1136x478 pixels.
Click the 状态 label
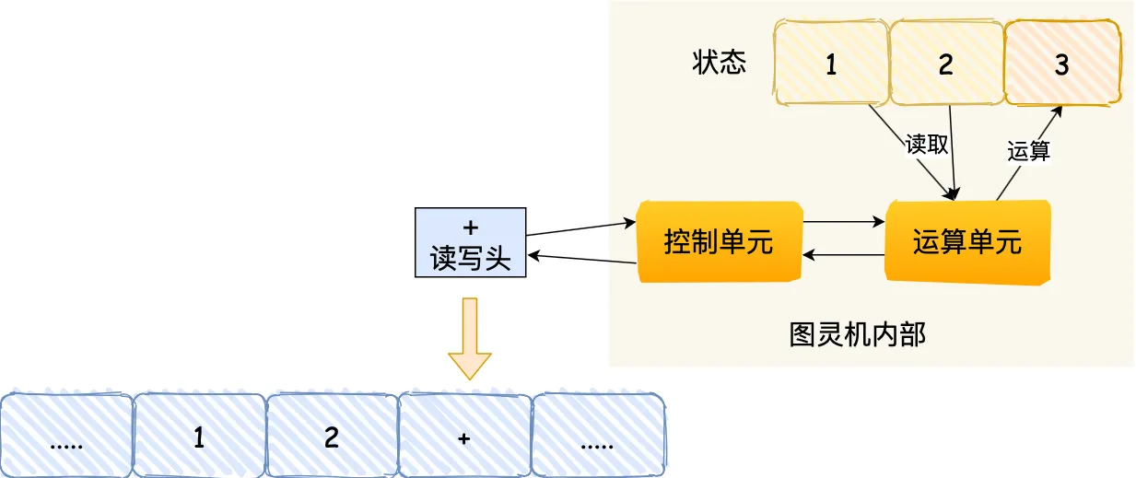click(x=720, y=63)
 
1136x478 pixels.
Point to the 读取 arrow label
click(x=927, y=146)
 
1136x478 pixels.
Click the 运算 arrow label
click(x=1028, y=150)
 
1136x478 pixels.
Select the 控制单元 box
click(x=718, y=243)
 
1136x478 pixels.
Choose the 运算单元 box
click(x=966, y=242)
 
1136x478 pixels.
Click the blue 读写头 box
click(x=470, y=243)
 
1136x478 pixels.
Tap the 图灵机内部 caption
click(x=857, y=334)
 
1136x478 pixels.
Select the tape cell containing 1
click(x=199, y=437)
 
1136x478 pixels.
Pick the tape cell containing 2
click(x=332, y=437)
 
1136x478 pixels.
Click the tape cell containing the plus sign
click(x=464, y=437)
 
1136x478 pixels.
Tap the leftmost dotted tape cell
click(x=66, y=437)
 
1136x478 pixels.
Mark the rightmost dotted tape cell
click(x=598, y=437)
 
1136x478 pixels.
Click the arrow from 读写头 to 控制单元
click(x=580, y=229)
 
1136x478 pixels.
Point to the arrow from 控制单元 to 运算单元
click(x=843, y=221)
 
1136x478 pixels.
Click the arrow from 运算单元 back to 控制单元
click(x=843, y=255)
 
